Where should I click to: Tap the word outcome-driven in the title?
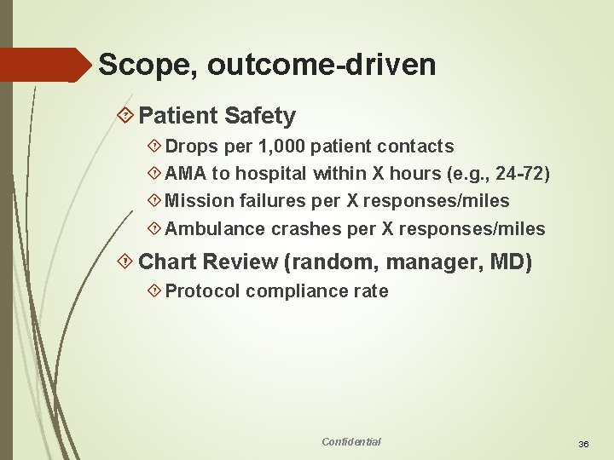[x=321, y=64]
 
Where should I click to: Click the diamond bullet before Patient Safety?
[x=126, y=115]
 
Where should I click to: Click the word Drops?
[x=191, y=147]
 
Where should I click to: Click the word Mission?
[x=195, y=201]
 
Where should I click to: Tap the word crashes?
[x=306, y=228]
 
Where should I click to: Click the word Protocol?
[x=202, y=291]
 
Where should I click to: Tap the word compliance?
[x=294, y=291]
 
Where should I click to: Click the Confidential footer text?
[x=351, y=441]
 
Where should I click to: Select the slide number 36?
[x=584, y=445]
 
